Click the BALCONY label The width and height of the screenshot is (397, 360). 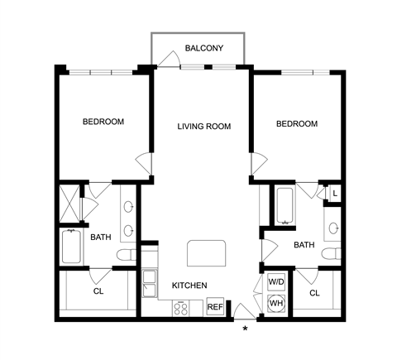coord(203,48)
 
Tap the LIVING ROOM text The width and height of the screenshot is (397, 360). coord(204,127)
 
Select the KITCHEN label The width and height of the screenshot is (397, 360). coord(189,286)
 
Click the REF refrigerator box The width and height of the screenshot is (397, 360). coord(215,306)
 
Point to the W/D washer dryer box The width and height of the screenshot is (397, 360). coord(276,282)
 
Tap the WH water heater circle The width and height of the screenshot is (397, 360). coord(276,303)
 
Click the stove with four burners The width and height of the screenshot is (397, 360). coord(181,308)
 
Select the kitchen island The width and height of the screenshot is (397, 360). coord(206,253)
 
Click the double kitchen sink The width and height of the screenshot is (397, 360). coord(149,283)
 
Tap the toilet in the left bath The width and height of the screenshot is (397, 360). coord(127,255)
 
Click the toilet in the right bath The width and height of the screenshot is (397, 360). coord(332,253)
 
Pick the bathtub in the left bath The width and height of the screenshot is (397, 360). coord(71,247)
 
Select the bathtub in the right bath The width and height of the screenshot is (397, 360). coord(285,205)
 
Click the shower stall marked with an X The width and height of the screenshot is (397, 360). coord(69,204)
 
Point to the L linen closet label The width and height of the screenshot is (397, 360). coord(335,194)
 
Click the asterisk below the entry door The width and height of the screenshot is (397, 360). coord(245,329)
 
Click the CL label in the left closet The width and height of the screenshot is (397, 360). coord(98,291)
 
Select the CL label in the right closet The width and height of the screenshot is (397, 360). coord(314,293)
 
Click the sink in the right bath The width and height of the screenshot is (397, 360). coord(334,228)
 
